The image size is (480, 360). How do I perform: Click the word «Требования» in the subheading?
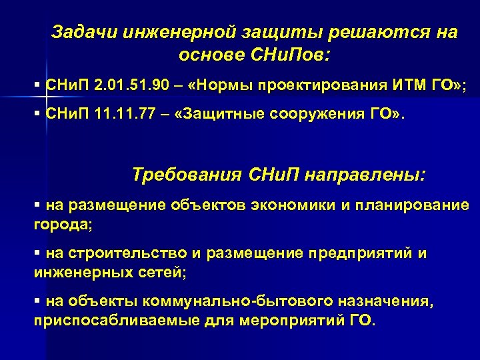[185, 175]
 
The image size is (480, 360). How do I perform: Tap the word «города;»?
[63, 224]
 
